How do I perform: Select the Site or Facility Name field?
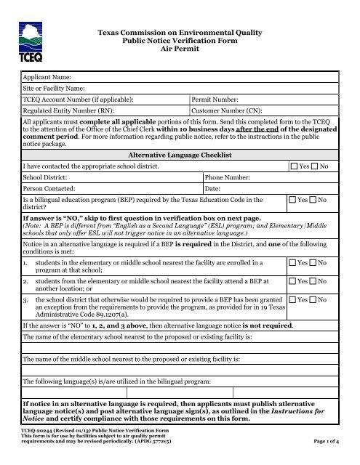pyautogui.click(x=182, y=89)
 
